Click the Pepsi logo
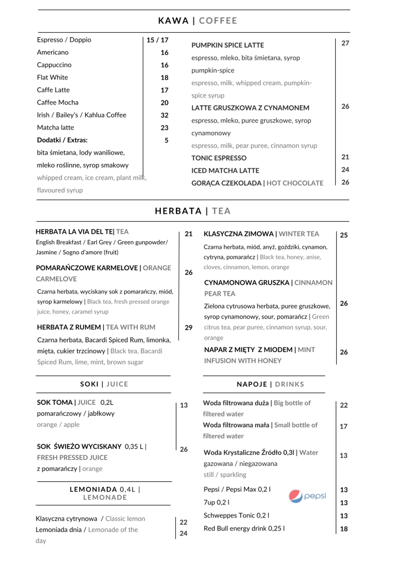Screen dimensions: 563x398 [x=307, y=496]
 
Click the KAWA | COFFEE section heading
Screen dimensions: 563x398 [x=197, y=21]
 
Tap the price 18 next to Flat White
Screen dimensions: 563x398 [x=164, y=78]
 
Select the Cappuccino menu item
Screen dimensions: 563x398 [x=54, y=65]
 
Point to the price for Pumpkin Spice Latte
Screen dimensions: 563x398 [x=345, y=44]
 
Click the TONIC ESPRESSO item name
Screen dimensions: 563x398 [x=219, y=158]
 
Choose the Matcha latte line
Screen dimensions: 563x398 [x=55, y=128]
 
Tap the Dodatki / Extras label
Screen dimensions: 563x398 [x=62, y=140]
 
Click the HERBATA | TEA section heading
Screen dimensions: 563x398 [x=193, y=211]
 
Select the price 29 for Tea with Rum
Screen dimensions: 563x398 [x=188, y=328]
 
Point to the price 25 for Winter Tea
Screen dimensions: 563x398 [x=344, y=235]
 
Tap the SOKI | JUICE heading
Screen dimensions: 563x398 [x=104, y=384]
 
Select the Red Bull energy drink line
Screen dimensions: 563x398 [x=244, y=528]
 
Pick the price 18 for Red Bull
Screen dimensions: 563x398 [x=344, y=529]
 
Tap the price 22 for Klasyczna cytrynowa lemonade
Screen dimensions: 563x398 [x=183, y=522]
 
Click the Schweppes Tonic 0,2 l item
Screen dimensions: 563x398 [x=236, y=515]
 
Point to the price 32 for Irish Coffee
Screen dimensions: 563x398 [x=164, y=115]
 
